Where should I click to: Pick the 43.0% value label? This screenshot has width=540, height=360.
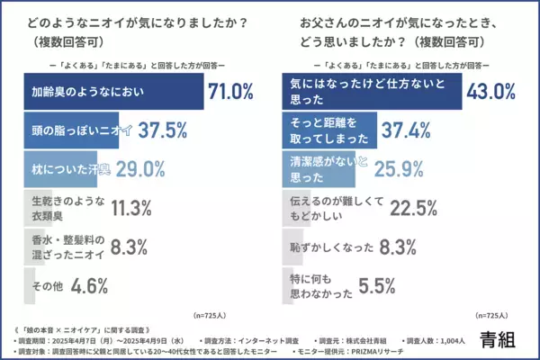pos(490,91)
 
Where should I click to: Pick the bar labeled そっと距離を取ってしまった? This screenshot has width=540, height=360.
pos(332,131)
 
